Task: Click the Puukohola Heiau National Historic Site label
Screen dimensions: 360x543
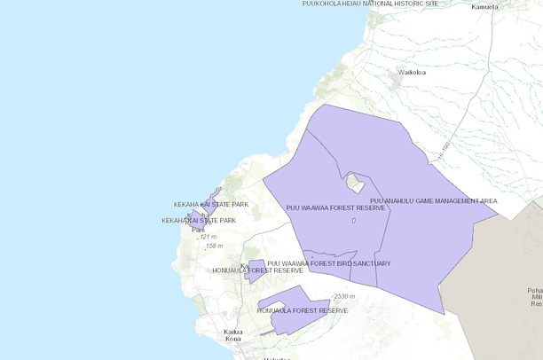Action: pyautogui.click(x=370, y=4)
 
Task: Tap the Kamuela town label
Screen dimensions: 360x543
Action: pyautogui.click(x=484, y=7)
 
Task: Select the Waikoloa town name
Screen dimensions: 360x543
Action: pyautogui.click(x=412, y=72)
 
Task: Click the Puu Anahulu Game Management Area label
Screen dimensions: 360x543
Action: pyautogui.click(x=433, y=201)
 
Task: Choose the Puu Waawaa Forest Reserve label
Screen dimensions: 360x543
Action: pyautogui.click(x=335, y=208)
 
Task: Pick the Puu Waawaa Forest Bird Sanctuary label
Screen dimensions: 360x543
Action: pyautogui.click(x=328, y=263)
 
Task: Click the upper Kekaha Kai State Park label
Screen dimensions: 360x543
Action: pyautogui.click(x=211, y=205)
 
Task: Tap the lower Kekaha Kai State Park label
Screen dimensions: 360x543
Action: pyautogui.click(x=198, y=220)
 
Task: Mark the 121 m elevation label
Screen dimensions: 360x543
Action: pyautogui.click(x=208, y=237)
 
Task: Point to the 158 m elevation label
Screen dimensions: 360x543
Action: pyautogui.click(x=214, y=246)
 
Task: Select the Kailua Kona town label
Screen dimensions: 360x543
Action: pyautogui.click(x=233, y=335)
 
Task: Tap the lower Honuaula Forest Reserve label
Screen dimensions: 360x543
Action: pyautogui.click(x=302, y=311)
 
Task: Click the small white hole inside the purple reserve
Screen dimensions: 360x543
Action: pyautogui.click(x=356, y=183)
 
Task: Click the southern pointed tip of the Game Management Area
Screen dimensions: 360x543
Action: pyautogui.click(x=442, y=313)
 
